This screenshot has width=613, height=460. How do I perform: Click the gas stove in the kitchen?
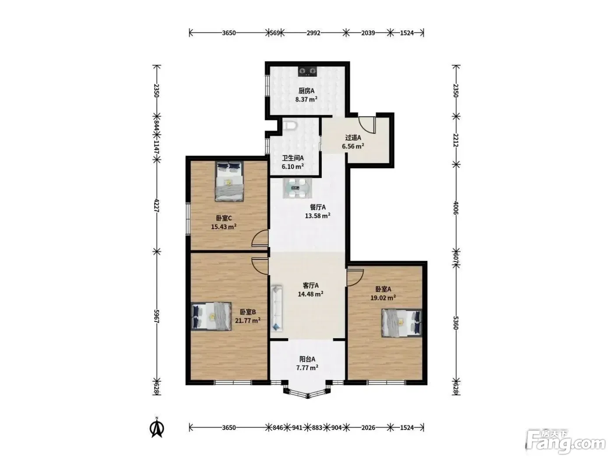point(307,71)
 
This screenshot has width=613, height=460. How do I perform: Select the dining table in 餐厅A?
point(297,188)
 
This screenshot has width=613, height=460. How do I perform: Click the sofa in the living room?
point(277,308)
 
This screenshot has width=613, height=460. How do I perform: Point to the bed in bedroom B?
point(211,316)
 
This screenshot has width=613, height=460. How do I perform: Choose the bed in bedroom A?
point(402,322)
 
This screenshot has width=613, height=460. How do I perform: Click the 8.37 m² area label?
point(306,99)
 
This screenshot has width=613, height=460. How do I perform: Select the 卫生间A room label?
point(292,158)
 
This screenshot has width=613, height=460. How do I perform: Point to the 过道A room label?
point(353,138)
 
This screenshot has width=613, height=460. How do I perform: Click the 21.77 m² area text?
point(248,320)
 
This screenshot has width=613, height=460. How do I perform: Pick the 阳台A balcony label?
point(307,359)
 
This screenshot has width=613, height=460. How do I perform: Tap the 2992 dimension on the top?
point(314,33)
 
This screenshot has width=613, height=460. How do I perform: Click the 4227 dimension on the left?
point(157,205)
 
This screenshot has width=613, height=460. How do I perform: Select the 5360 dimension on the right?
point(455,322)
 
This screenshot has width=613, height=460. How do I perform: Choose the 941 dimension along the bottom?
point(297,427)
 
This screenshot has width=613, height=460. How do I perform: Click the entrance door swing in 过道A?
point(366,125)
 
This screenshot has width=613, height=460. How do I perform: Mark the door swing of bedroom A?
point(355,278)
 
